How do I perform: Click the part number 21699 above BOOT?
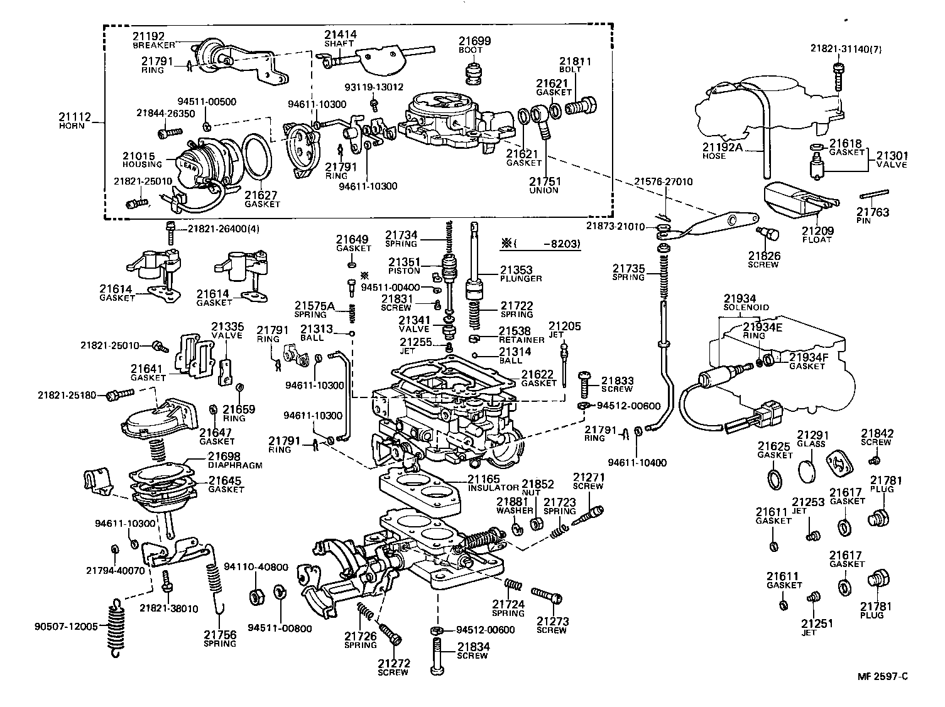pos(474,41)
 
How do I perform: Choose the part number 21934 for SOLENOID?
pos(740,299)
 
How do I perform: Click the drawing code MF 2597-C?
pos(883,676)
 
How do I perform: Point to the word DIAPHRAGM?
pos(234,465)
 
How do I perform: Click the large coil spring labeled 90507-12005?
pos(114,628)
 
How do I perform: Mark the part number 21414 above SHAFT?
pos(340,35)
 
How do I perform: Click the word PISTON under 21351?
pos(403,271)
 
